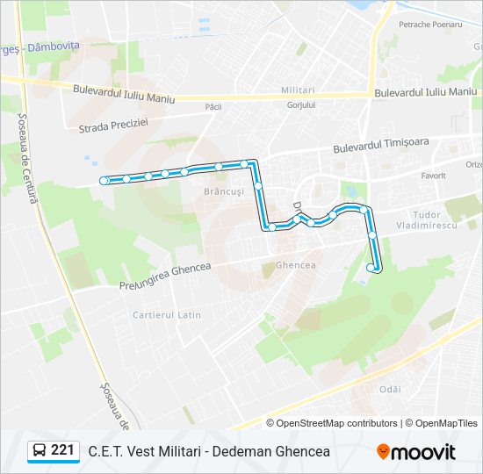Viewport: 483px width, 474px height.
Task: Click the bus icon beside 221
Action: (x=40, y=451)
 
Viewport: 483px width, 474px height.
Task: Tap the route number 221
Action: (x=62, y=450)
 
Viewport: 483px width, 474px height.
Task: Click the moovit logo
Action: (x=416, y=452)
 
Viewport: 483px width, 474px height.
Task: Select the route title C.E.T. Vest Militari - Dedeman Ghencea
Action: (x=209, y=451)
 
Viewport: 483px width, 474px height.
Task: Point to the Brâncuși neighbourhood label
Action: (x=222, y=190)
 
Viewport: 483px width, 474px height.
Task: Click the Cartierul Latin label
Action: (x=167, y=314)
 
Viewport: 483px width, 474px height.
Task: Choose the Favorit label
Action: (x=433, y=176)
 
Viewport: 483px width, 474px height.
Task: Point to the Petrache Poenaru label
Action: (x=430, y=25)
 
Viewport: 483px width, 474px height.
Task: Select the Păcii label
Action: (x=213, y=106)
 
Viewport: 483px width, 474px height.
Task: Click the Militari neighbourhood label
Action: (x=299, y=90)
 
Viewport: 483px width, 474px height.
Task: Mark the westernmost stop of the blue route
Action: (x=105, y=181)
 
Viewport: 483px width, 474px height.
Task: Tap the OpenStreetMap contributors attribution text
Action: (x=338, y=423)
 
